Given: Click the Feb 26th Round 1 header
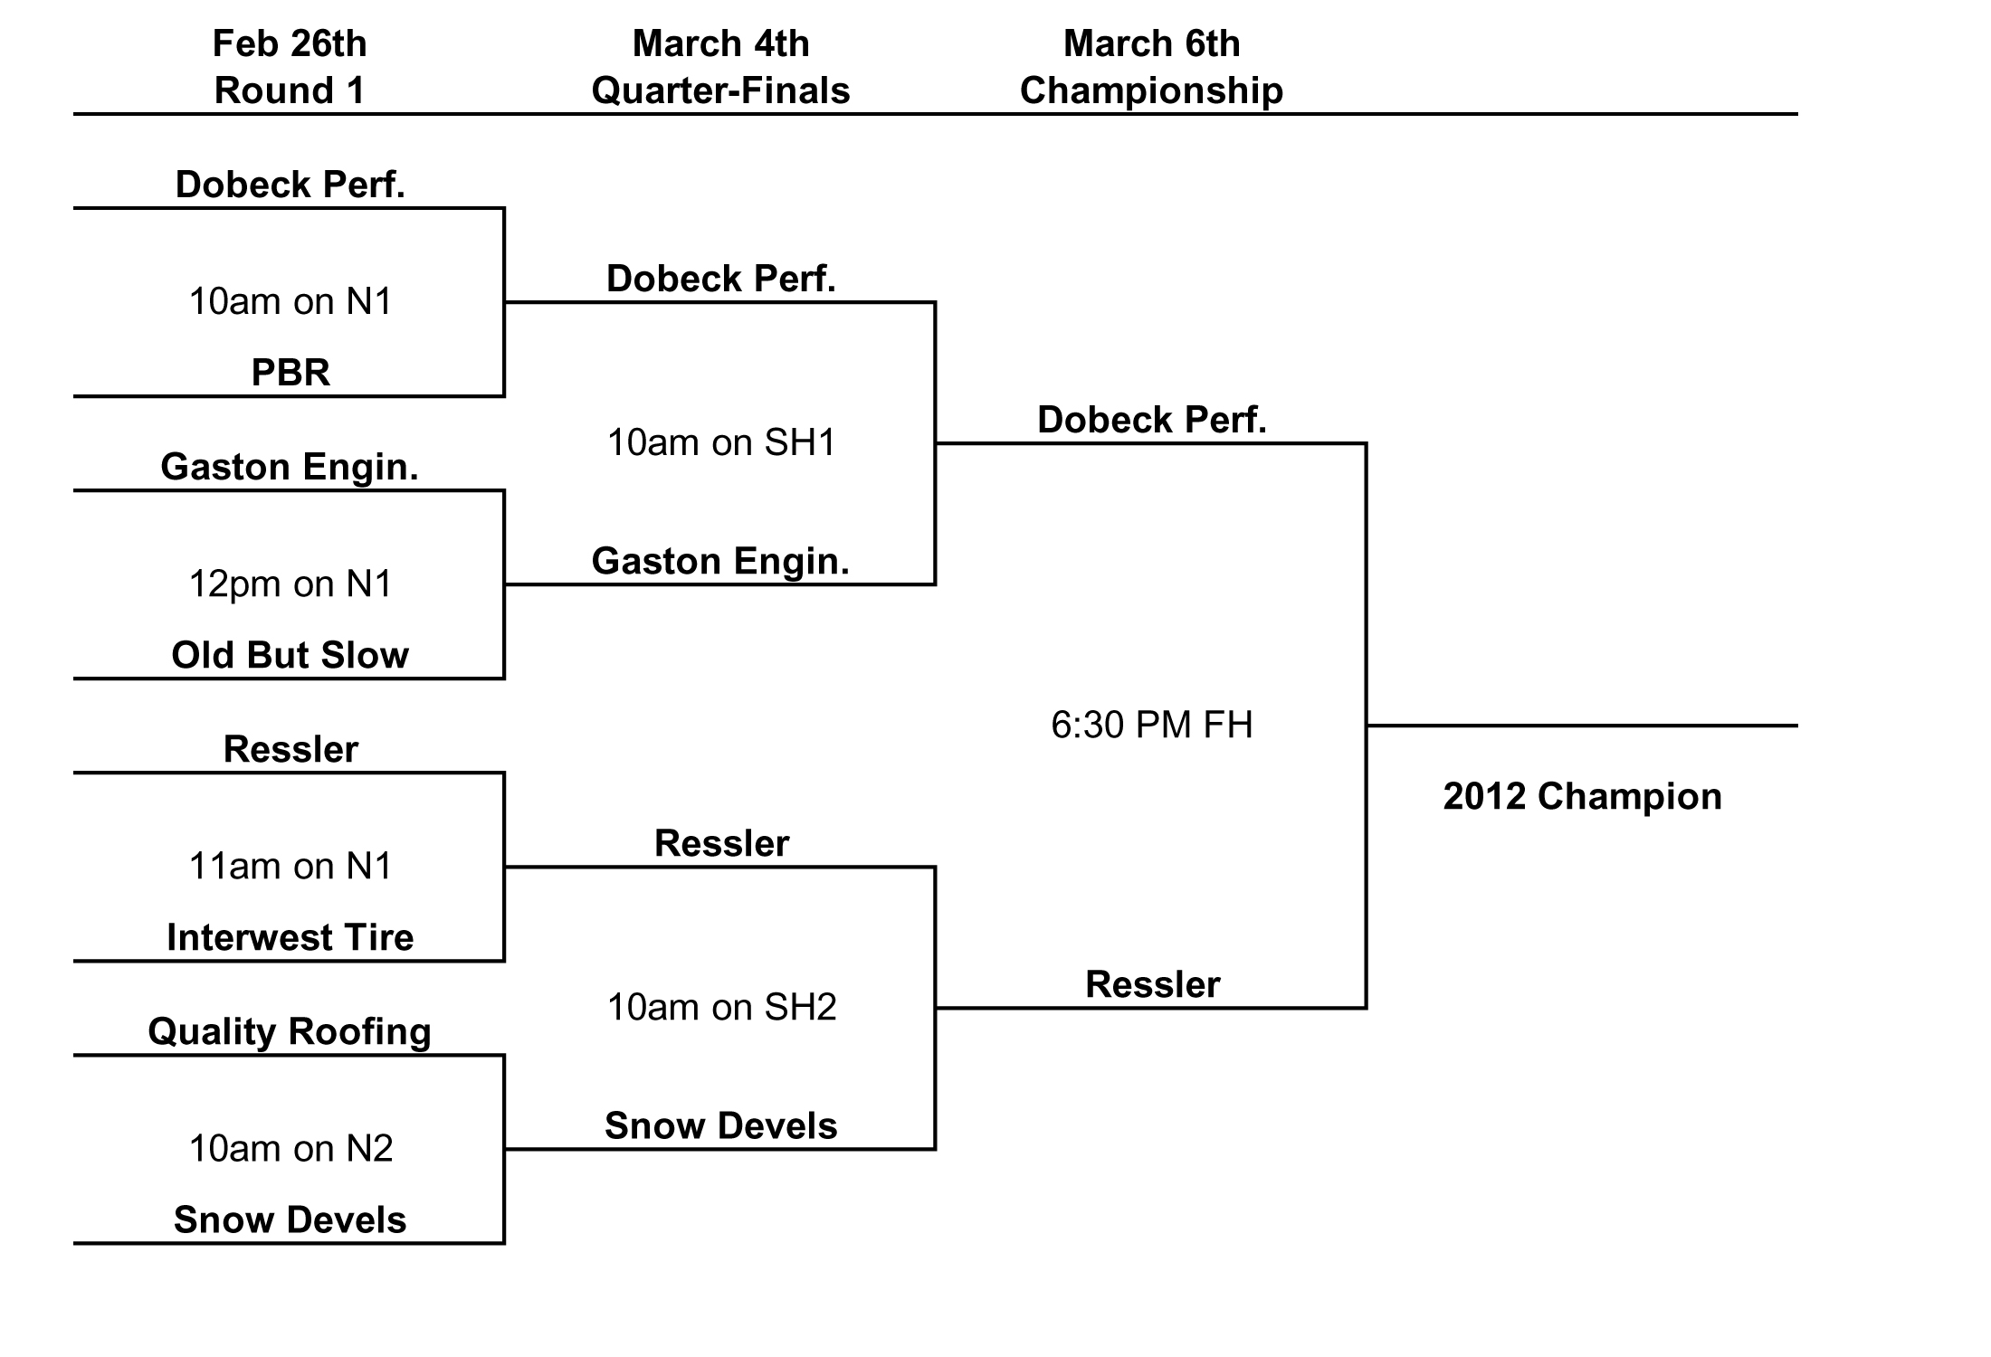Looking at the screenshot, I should click(x=290, y=67).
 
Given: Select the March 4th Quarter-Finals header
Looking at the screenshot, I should click(x=720, y=67).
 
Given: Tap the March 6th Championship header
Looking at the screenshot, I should click(x=1151, y=67).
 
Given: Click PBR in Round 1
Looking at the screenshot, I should click(x=291, y=373).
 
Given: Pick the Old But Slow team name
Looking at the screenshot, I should click(x=290, y=655).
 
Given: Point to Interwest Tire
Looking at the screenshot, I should click(x=290, y=937).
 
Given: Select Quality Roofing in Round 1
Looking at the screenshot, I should click(x=290, y=1031).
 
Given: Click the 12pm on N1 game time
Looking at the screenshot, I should click(x=291, y=584).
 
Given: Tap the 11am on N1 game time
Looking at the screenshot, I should click(x=291, y=867).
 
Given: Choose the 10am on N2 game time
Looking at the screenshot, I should click(x=291, y=1149).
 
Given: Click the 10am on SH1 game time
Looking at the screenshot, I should click(x=721, y=443).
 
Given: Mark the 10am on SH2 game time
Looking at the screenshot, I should click(x=721, y=1008).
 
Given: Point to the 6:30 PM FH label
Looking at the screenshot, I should click(x=1151, y=726).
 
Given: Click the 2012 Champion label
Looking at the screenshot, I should click(x=1582, y=796).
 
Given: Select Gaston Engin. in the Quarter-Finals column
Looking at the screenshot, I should click(x=720, y=561).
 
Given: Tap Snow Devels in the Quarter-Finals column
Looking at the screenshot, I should click(x=720, y=1126).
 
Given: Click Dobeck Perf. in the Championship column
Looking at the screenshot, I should click(x=1151, y=420).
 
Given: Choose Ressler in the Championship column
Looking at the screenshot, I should click(x=1152, y=984).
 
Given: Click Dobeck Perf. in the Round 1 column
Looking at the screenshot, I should click(x=290, y=185).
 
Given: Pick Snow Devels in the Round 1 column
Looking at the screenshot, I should click(x=290, y=1220).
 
